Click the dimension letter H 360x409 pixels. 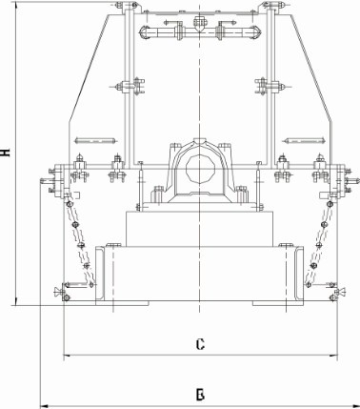6,153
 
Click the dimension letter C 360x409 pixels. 200,344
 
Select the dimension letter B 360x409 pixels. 200,395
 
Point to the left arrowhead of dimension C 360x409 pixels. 68,356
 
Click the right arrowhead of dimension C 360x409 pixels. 334,356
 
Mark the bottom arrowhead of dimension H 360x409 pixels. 15,301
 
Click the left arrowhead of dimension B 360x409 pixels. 45,406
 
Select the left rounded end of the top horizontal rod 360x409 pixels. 144,32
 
